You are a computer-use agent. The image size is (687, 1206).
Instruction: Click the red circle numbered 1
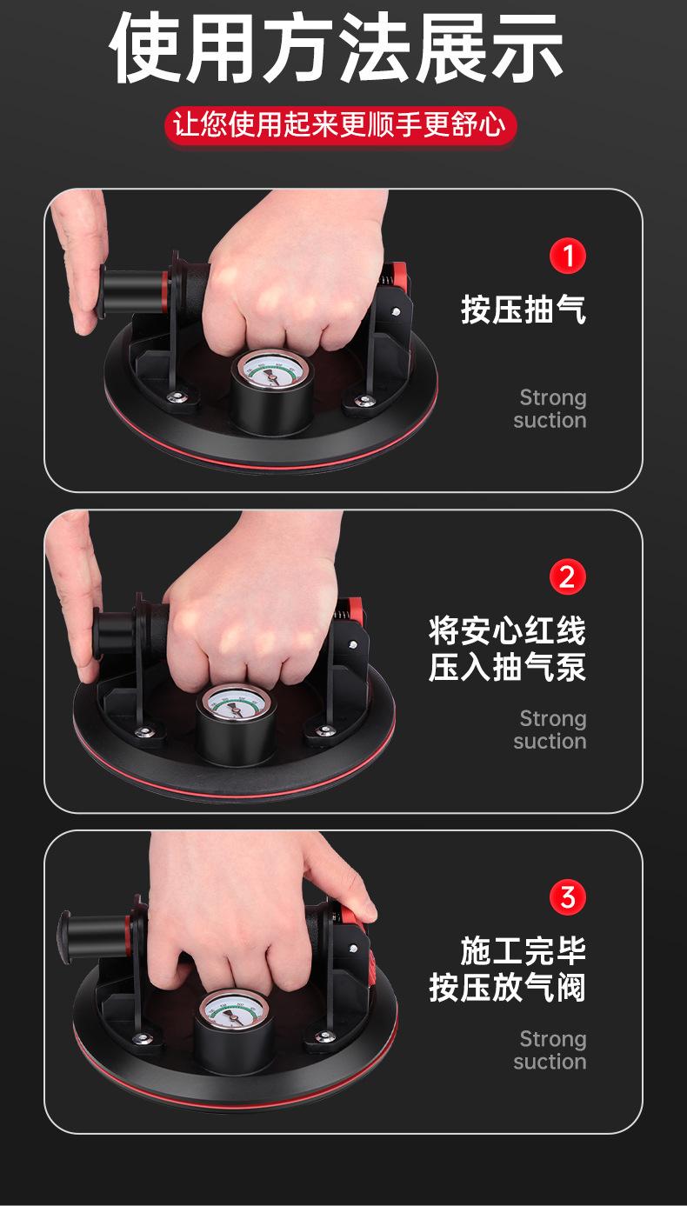point(568,257)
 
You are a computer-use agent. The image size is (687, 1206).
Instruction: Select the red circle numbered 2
point(568,576)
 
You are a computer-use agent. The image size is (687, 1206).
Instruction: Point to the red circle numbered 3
point(568,896)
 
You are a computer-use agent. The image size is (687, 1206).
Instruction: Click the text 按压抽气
point(524,309)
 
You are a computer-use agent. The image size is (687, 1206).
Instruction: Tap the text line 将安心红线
point(507,630)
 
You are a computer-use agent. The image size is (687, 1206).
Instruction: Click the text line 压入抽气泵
point(507,668)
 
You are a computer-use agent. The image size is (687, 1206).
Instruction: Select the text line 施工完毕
point(524,950)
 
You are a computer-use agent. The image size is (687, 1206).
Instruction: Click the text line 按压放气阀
point(507,989)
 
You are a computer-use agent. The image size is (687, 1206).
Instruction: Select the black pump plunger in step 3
point(91,932)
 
